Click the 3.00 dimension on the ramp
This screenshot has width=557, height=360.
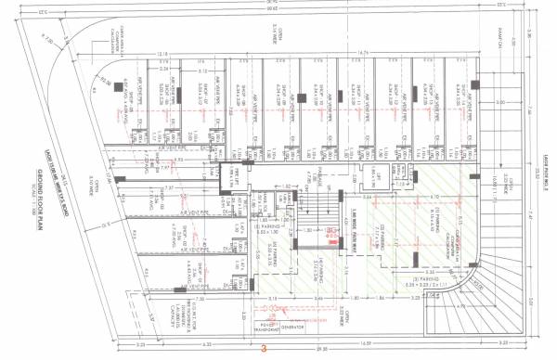coord(501,103)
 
